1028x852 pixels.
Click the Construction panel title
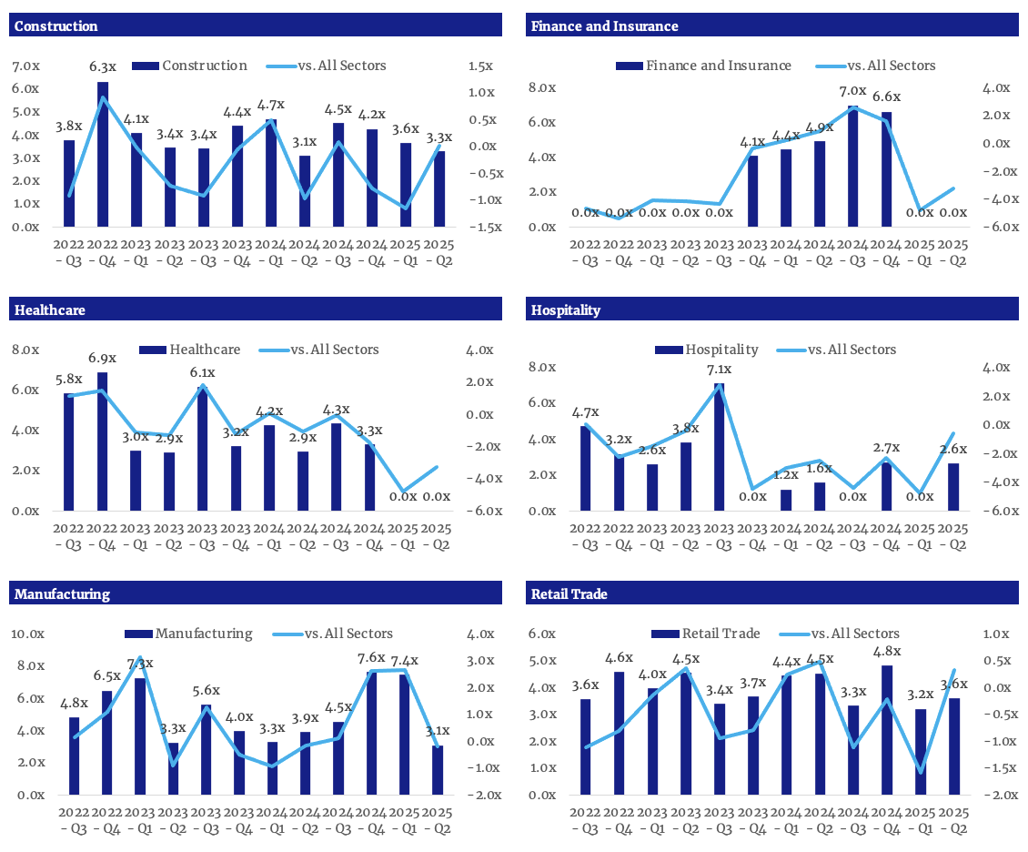[x=56, y=25]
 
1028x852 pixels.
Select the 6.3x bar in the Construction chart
[x=103, y=155]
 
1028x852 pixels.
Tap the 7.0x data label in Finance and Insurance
[x=852, y=91]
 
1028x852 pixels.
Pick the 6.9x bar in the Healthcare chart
[x=103, y=441]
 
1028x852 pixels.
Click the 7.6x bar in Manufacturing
[x=373, y=733]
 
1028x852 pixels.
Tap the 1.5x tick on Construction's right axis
[x=480, y=66]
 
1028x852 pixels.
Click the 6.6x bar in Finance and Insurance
[x=887, y=169]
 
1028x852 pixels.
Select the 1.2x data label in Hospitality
[x=786, y=474]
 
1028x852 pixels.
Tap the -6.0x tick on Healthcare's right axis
[x=484, y=511]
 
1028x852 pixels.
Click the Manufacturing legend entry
[x=204, y=634]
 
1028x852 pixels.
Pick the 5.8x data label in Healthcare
[x=69, y=379]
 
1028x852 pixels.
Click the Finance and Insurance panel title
[x=604, y=25]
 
